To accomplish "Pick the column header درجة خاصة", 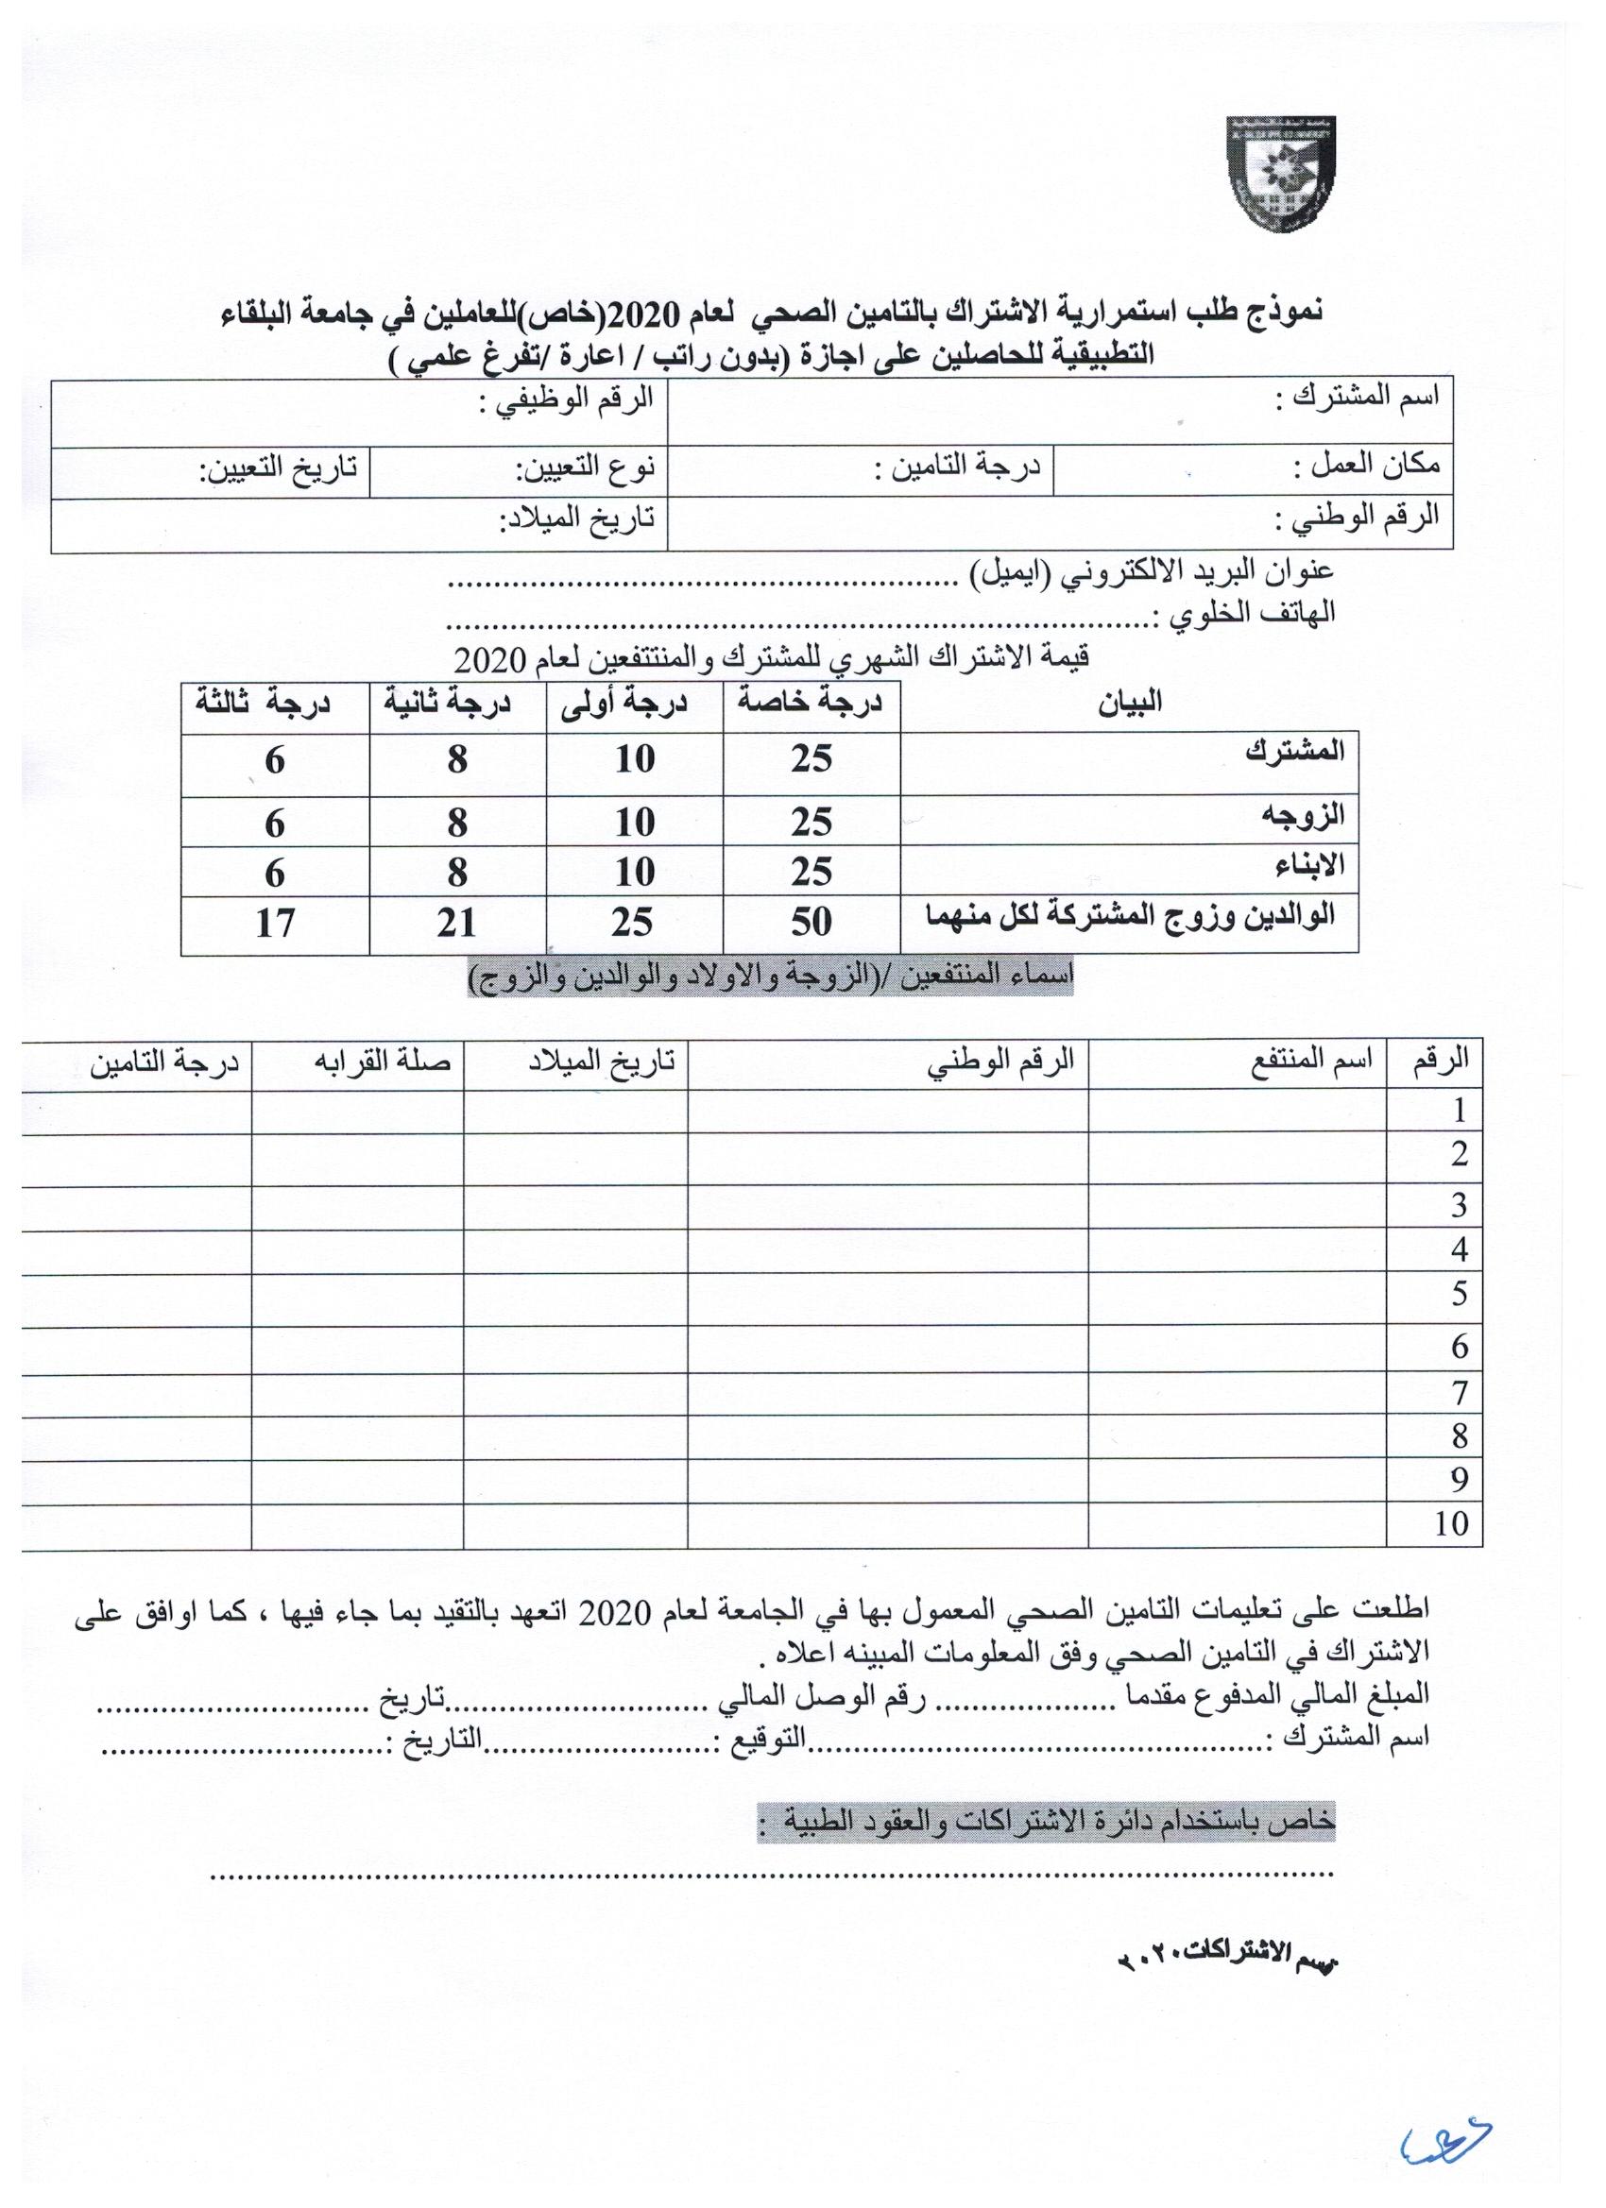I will (x=811, y=703).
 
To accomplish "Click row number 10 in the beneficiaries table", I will (x=1450, y=1523).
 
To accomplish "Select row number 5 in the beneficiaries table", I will (x=1458, y=1294).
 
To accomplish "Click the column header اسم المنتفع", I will (x=1311, y=1061).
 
